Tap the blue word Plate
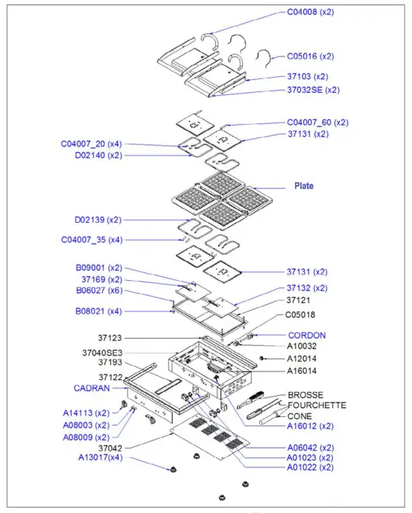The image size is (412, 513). point(303,186)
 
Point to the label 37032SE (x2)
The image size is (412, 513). point(313,89)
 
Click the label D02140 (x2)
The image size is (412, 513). point(98,155)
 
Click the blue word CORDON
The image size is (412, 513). point(306,335)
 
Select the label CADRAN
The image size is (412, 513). point(91,387)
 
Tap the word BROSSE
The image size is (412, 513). point(305,395)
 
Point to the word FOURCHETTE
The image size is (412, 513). point(317,406)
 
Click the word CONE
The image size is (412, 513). point(299,416)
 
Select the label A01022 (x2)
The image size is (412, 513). point(310,467)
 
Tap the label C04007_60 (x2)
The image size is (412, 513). point(318,123)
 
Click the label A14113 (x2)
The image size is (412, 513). point(86,413)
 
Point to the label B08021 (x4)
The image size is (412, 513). point(98,311)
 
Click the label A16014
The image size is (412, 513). point(301,371)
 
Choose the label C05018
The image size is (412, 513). point(300,314)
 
